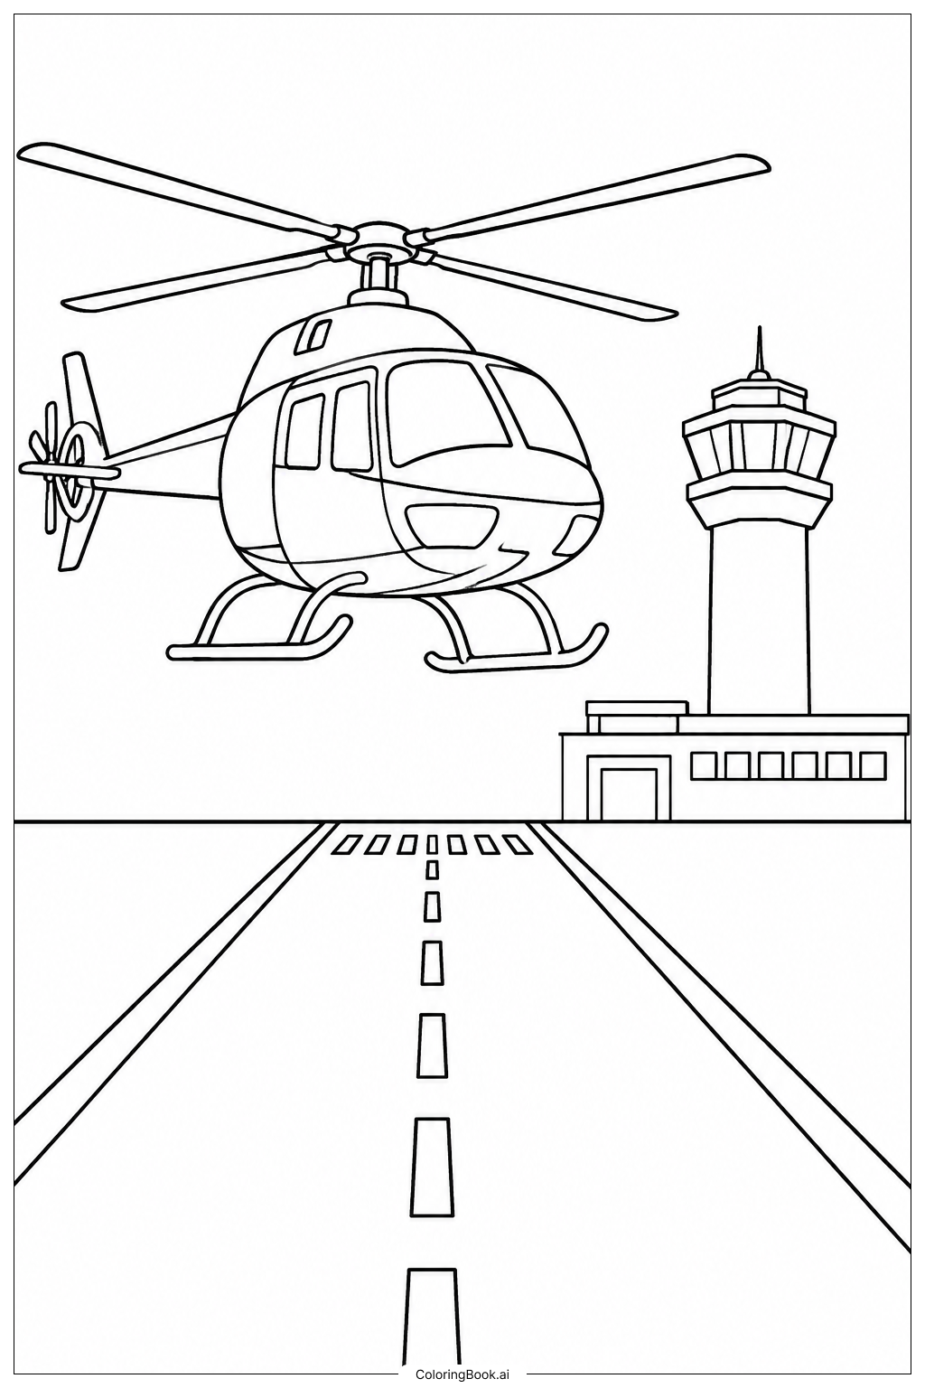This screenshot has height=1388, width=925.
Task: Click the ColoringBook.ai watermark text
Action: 462,1375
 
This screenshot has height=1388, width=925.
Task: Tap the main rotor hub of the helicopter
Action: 381,241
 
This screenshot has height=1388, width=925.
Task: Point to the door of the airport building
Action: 629,794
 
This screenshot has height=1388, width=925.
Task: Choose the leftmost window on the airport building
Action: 703,764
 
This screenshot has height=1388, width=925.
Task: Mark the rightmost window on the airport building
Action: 873,764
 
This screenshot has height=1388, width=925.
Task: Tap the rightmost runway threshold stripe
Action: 518,845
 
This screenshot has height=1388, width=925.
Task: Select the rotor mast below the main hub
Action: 378,276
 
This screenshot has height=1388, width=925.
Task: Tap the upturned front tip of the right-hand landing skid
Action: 600,632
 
